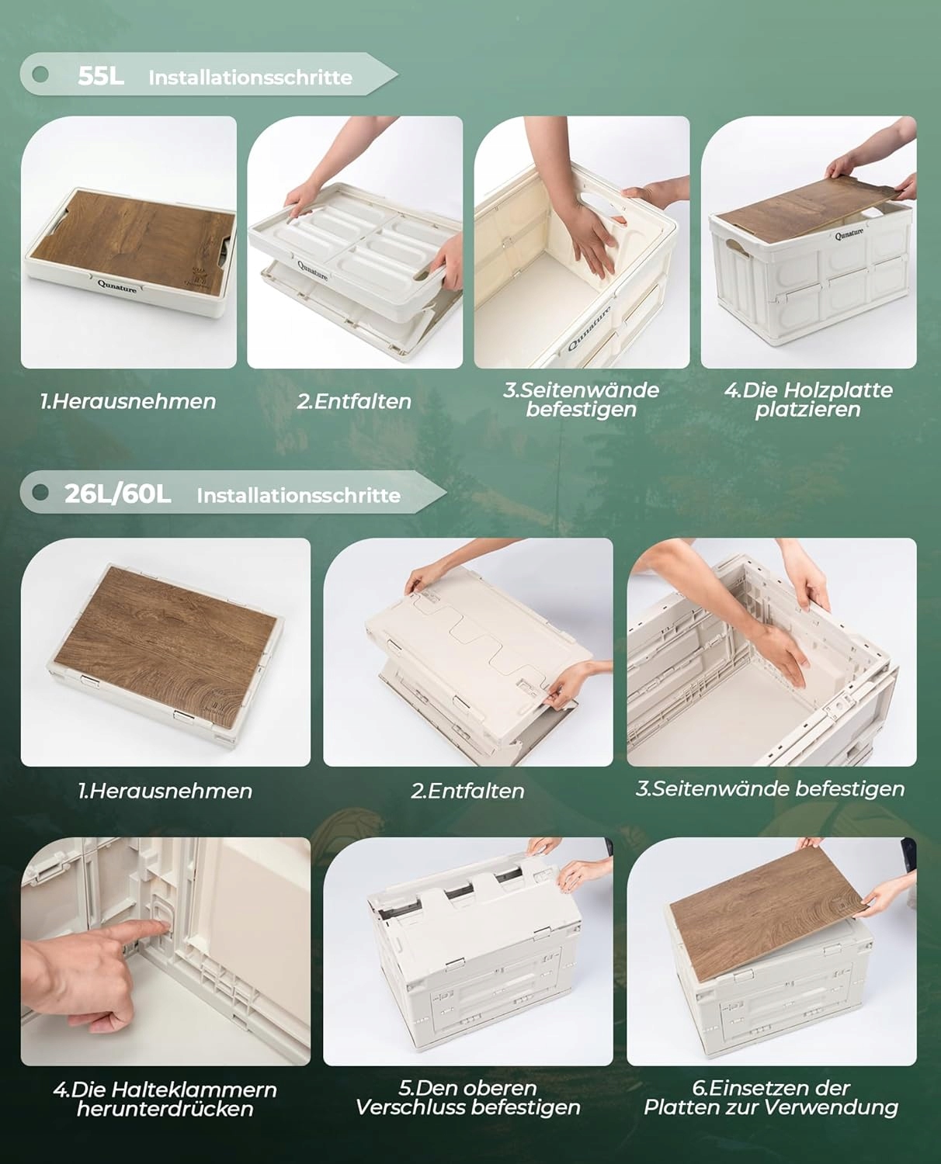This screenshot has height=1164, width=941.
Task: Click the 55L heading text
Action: [x=101, y=76]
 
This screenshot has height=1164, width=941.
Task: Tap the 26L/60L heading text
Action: [x=117, y=494]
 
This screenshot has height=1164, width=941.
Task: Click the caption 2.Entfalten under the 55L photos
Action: [x=354, y=402]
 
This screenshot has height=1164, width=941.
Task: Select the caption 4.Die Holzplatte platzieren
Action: [x=808, y=400]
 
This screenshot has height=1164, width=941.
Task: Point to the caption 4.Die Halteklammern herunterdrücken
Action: [x=165, y=1099]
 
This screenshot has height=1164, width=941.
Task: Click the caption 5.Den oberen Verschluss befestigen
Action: [x=468, y=1097]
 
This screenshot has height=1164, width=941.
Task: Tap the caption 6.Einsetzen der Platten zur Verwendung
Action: [x=771, y=1097]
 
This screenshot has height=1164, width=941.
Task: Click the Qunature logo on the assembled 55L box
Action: [x=849, y=234]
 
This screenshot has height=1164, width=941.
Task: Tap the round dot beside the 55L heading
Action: [x=40, y=74]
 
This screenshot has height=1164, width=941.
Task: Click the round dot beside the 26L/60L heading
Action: [x=40, y=493]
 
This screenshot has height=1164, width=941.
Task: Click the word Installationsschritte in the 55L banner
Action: [x=251, y=78]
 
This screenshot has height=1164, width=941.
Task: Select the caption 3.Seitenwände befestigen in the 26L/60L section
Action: [x=770, y=788]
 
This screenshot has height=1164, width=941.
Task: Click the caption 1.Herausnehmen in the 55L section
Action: [x=128, y=402]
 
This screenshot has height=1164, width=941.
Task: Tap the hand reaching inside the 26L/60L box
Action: [x=783, y=653]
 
